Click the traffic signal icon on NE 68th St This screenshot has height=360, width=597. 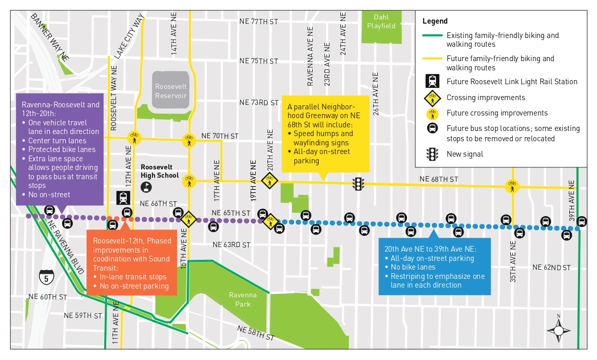click(x=358, y=183)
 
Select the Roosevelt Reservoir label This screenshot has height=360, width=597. click(x=171, y=91)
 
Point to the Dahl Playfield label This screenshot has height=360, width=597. click(x=381, y=21)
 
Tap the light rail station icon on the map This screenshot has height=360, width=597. click(x=123, y=198)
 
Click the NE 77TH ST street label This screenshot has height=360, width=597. click(x=259, y=22)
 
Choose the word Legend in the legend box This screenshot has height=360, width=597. click(x=435, y=21)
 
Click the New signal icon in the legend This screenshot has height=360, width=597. click(x=432, y=154)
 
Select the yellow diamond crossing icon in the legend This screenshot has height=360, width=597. click(x=432, y=98)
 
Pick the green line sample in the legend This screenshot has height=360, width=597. click(x=432, y=36)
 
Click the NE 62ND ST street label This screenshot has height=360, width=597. click(x=551, y=267)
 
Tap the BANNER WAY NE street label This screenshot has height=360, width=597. click(x=50, y=37)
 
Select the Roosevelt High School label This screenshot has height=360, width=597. click(x=160, y=172)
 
